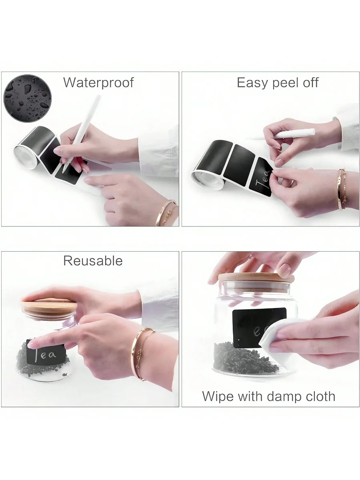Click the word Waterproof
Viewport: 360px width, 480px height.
point(98,83)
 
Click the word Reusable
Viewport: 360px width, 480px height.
point(93,261)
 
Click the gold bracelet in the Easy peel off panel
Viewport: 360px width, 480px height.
point(342,188)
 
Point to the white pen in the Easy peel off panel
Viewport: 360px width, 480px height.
point(294,134)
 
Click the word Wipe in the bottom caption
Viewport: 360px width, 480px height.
point(218,396)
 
